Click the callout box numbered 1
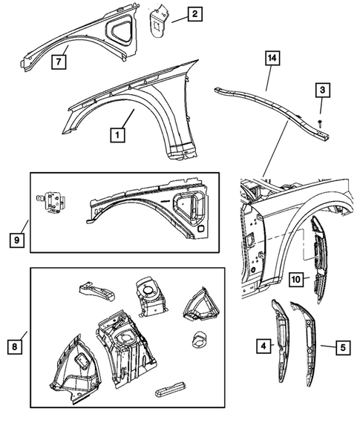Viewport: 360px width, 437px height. (x=117, y=135)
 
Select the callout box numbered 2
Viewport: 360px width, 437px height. (x=194, y=13)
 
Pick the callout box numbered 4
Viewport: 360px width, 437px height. (x=263, y=344)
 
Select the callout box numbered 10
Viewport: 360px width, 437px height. (x=295, y=279)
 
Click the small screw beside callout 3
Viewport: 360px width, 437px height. (x=318, y=120)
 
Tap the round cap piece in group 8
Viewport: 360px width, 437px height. (x=198, y=340)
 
